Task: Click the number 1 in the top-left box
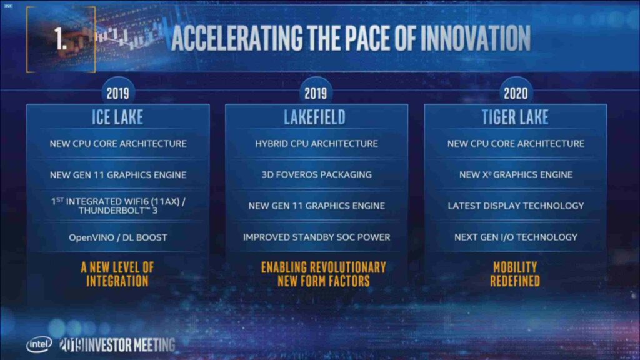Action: click(x=61, y=39)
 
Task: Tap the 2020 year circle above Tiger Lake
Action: click(x=516, y=94)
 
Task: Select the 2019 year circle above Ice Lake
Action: click(x=117, y=94)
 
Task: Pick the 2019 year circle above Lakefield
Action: click(x=316, y=94)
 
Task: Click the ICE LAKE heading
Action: click(x=117, y=117)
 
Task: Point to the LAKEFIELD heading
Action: click(x=316, y=117)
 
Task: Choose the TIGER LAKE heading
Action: click(x=516, y=117)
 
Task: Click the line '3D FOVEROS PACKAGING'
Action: click(x=316, y=174)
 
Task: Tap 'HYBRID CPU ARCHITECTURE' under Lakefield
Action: click(x=316, y=144)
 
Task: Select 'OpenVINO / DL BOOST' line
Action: click(x=117, y=237)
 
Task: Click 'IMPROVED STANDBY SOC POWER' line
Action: click(x=316, y=237)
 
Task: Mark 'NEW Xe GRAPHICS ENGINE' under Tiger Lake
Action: click(x=516, y=174)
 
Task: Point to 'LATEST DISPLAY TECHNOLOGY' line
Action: click(x=516, y=206)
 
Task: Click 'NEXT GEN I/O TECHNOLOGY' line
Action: click(x=516, y=237)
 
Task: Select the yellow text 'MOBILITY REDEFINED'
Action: click(x=515, y=274)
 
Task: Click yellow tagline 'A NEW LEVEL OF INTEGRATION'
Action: click(x=117, y=274)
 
